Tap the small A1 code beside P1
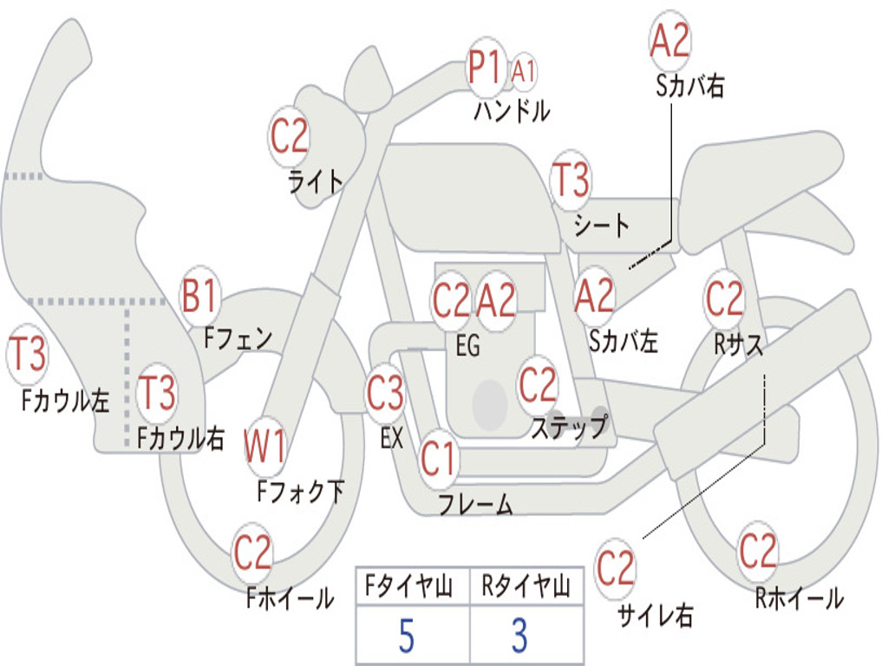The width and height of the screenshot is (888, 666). tap(523, 71)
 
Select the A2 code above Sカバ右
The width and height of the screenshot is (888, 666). tap(669, 42)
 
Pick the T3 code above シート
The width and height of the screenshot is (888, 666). tap(571, 180)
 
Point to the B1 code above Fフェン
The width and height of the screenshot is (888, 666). tap(199, 297)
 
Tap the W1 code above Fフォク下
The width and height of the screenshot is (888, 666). tap(265, 448)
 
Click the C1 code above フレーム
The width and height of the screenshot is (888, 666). tap(438, 458)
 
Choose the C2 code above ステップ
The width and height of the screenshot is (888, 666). tap(538, 384)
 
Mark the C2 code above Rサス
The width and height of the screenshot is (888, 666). tap(724, 298)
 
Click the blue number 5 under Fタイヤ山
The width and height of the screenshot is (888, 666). tap(406, 637)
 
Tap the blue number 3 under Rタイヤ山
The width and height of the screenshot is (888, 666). tap(519, 637)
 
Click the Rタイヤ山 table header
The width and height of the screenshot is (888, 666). tap(526, 588)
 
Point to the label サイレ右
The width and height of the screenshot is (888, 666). tap(656, 616)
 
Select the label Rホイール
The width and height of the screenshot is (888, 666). tap(799, 597)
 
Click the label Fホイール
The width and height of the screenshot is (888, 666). tap(290, 598)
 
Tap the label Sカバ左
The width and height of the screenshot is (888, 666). tap(624, 342)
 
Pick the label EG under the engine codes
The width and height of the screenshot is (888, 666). tap(467, 346)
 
